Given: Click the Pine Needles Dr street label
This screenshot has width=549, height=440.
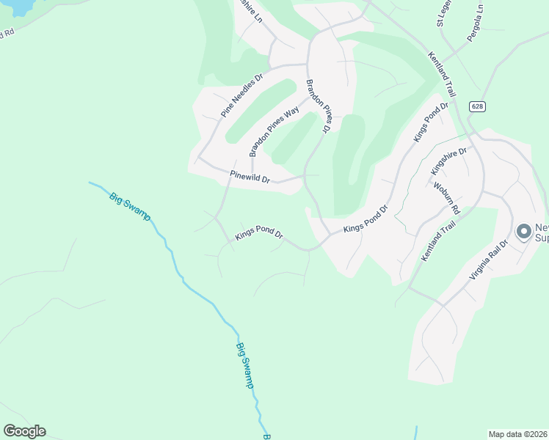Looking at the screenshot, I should pos(242,96).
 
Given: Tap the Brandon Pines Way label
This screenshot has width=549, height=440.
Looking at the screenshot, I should pos(274,131).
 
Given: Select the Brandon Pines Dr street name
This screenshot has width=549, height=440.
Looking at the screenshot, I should pos(319,106).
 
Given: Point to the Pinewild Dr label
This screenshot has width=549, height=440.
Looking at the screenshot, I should pos(250,177).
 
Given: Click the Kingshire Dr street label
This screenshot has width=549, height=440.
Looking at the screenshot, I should pos(448,161).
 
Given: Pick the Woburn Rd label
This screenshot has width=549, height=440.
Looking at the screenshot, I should pos(446,199).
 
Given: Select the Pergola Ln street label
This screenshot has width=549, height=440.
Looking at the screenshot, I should pos(473,27).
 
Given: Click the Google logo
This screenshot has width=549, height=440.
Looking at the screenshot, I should pos(24,431).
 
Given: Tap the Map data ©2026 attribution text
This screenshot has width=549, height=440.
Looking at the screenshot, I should pos(518,434).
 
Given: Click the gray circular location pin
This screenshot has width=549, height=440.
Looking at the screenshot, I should pos(524,232).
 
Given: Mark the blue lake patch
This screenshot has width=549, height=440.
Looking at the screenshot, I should pos(15,6).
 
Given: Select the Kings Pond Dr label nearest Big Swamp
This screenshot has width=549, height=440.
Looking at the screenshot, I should pos(259,235).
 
